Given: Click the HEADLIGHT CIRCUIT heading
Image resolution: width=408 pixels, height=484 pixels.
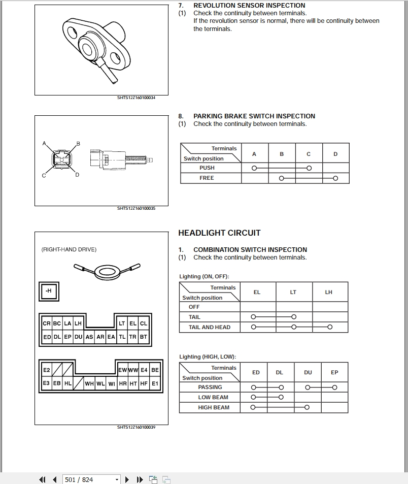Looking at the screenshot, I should (219, 233).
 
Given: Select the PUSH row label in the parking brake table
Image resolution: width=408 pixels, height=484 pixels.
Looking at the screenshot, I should (207, 168).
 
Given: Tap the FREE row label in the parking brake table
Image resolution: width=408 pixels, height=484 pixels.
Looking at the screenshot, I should (207, 178).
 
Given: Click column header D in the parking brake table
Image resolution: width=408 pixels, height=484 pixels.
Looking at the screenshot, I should (335, 154).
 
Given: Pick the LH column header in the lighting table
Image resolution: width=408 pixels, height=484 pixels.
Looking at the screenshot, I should (329, 292).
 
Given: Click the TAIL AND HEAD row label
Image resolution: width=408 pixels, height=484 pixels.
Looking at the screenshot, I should (209, 327).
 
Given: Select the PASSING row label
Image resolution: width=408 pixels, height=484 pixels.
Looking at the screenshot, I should (210, 387).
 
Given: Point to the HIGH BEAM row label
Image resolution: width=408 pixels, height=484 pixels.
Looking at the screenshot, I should (213, 407).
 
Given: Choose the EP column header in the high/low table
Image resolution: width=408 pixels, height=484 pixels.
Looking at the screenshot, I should (334, 372).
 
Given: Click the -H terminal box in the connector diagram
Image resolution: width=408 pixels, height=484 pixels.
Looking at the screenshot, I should (49, 291).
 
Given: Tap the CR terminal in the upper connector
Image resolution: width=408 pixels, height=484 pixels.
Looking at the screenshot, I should (47, 323).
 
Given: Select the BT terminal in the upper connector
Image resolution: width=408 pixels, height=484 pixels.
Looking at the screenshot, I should (144, 337).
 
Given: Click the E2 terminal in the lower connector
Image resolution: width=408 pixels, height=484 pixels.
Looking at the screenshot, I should (47, 370).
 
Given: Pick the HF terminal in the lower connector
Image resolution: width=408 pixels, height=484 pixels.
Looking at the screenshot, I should (144, 384).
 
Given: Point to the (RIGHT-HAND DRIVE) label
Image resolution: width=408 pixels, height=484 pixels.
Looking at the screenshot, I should (69, 249).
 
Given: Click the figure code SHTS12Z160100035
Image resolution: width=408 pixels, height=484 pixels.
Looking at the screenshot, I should (136, 208).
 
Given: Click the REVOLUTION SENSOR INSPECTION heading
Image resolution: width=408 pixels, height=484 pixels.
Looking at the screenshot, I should (249, 6).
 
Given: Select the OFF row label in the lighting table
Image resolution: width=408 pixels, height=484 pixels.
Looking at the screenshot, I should (194, 307).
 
